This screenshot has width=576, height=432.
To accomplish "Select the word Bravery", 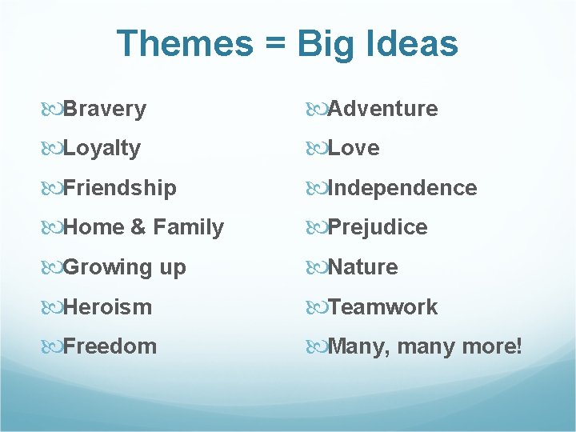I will point(104,109).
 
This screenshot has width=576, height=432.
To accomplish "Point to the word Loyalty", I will point(102,149).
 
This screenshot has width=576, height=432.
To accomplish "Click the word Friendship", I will point(119,188).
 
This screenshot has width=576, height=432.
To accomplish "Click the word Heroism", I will point(107,307).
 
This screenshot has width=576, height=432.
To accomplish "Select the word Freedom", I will point(110,346).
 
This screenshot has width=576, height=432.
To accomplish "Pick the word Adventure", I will point(382,109).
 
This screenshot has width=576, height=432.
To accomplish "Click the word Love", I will point(354,149).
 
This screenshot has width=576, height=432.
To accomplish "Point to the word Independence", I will point(402,188).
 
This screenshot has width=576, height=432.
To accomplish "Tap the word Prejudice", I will point(378,228).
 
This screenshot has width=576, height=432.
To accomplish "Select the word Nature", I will point(362,267).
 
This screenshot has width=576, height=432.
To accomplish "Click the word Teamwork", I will point(382,307).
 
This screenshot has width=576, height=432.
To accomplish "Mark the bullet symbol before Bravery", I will point(52,109).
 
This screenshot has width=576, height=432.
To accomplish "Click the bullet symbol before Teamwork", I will point(317,307).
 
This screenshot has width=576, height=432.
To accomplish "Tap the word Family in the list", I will point(188,228).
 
